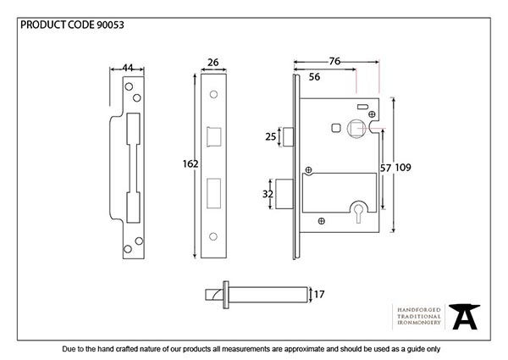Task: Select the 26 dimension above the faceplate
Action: (x=213, y=62)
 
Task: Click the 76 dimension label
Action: (x=335, y=61)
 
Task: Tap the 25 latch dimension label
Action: (x=271, y=136)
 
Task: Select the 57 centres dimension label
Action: (x=386, y=168)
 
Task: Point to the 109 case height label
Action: (x=404, y=168)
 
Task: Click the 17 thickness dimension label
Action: (x=319, y=295)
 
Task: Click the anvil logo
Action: (x=465, y=316)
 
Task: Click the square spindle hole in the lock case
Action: (x=338, y=128)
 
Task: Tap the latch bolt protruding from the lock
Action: (x=287, y=136)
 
